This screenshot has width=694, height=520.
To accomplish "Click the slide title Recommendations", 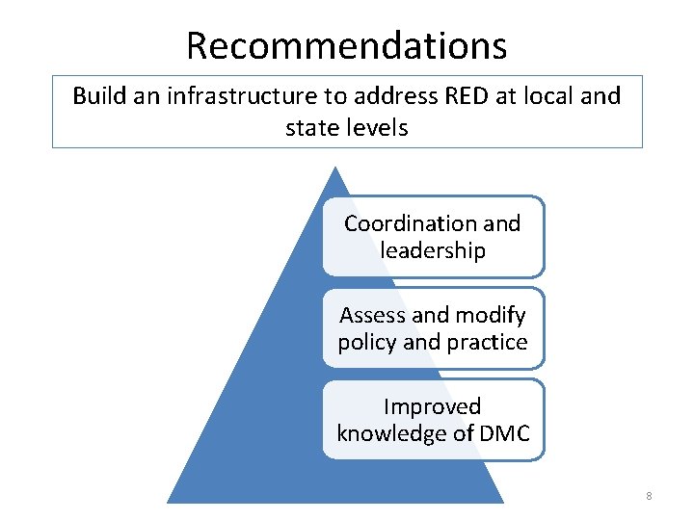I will click(x=346, y=45).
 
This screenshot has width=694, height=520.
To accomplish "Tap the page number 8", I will click(x=649, y=496).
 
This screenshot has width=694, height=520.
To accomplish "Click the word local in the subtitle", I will click(x=548, y=96).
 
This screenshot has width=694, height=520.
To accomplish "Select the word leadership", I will click(x=433, y=250).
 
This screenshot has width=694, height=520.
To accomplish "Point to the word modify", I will click(x=490, y=315).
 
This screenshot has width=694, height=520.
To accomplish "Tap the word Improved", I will click(x=432, y=406).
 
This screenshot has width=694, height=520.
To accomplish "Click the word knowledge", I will click(x=390, y=433).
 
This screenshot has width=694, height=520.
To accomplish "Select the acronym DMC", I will click(x=504, y=433).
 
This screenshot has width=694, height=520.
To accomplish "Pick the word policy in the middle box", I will click(x=366, y=342).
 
